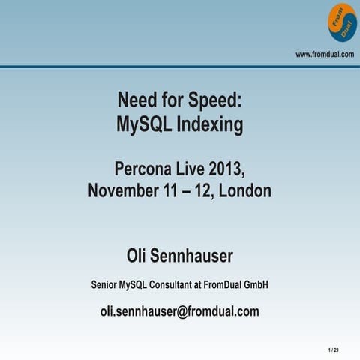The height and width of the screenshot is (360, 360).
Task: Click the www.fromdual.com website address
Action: point(325,54)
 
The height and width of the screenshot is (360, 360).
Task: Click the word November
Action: point(122,190)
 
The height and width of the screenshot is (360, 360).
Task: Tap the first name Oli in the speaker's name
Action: point(139,256)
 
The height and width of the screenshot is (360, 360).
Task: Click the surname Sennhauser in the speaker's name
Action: point(194,256)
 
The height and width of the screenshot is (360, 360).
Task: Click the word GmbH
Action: point(255,285)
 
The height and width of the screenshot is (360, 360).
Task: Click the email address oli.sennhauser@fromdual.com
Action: point(180,311)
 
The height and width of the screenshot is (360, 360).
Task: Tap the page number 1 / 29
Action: point(333,350)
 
